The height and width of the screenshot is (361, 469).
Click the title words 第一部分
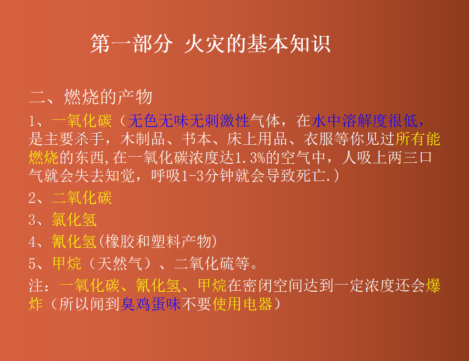[131, 44]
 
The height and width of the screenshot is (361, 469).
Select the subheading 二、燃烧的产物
[91, 97]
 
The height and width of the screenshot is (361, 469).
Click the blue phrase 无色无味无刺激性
[189, 121]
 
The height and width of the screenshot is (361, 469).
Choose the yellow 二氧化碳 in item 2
[82, 198]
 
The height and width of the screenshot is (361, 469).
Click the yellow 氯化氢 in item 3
[75, 220]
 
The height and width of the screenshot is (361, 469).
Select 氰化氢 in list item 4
[75, 242]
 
